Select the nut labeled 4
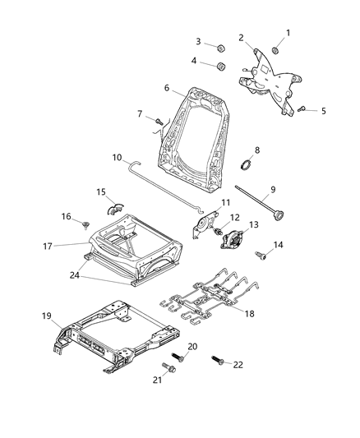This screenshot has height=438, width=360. pos(221,65)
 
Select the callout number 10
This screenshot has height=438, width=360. pos(117,155)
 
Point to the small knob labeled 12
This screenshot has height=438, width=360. pos(219,233)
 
